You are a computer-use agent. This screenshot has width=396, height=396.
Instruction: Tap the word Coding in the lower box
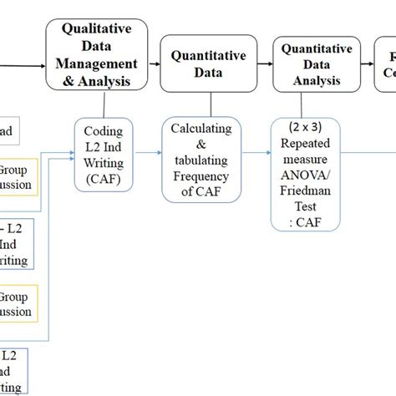[x=104, y=130]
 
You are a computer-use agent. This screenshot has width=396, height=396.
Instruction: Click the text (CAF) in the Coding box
[x=104, y=178]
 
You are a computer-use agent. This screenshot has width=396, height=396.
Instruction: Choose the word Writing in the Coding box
[x=104, y=162]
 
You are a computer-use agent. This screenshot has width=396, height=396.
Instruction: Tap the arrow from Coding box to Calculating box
[x=149, y=154]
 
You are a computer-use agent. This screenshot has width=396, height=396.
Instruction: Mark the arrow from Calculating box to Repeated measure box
[x=256, y=154]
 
